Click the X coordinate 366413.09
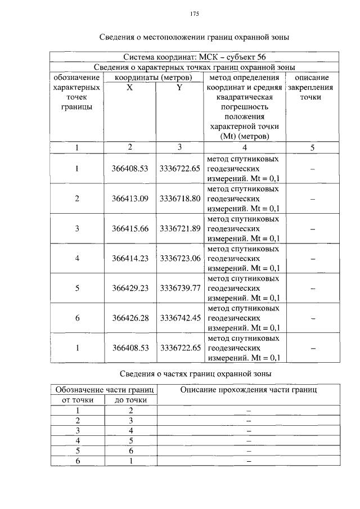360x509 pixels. (130, 199)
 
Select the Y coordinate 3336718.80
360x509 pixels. (180, 199)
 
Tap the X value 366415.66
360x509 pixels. (130, 228)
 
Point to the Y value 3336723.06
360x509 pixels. (180, 258)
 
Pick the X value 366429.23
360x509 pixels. (130, 288)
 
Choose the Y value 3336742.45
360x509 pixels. (180, 318)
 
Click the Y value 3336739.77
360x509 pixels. (180, 288)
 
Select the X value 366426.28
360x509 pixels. (130, 318)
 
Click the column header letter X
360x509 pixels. (129, 88)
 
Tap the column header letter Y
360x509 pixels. (179, 88)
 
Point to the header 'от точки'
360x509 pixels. (78, 400)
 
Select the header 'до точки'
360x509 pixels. (131, 400)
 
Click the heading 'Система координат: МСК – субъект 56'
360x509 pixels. (194, 57)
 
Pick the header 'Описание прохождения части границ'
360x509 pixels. (248, 389)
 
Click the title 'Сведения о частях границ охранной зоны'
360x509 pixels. (196, 373)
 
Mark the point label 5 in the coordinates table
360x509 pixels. (77, 288)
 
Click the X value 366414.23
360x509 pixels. (130, 258)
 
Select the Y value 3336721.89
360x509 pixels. (180, 228)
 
